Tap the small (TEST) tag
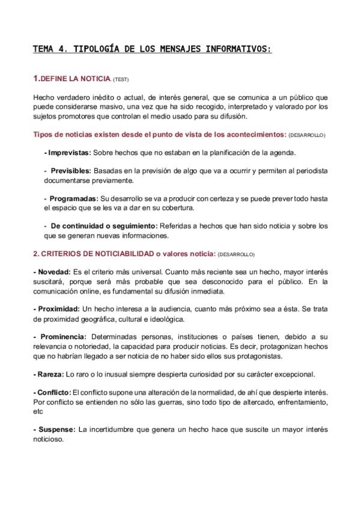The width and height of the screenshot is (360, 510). point(120,79)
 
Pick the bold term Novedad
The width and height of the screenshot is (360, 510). point(53,272)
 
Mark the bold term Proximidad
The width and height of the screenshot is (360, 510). point(57,309)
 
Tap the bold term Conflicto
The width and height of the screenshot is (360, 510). point(54,392)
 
